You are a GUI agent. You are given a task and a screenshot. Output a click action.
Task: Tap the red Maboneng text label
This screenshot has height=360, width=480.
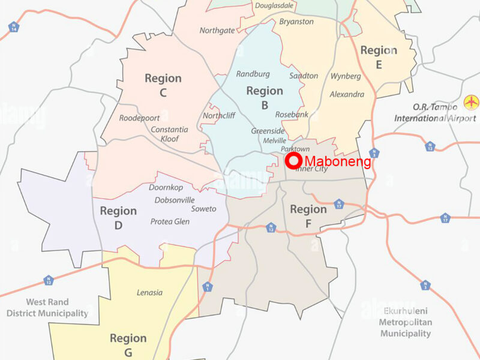pyautogui.click(x=337, y=161)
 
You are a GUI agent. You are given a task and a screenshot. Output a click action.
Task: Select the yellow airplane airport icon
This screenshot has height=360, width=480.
pyautogui.click(x=472, y=101)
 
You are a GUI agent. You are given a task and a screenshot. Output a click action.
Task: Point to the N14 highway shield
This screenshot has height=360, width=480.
pyautogui.click(x=13, y=27)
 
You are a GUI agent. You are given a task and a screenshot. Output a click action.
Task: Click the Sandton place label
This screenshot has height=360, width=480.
pyautogui.click(x=304, y=76)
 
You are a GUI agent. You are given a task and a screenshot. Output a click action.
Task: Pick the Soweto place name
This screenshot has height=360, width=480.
pyautogui.click(x=203, y=209)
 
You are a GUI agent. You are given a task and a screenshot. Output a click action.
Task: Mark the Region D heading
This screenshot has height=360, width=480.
pyautogui.click(x=118, y=218)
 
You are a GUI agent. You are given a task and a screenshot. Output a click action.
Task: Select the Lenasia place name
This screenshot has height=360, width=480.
pyautogui.click(x=150, y=293)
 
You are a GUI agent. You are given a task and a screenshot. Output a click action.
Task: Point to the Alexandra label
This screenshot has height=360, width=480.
pyautogui.click(x=347, y=94)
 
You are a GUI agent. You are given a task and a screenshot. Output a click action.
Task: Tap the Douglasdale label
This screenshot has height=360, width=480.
pyautogui.click(x=274, y=6)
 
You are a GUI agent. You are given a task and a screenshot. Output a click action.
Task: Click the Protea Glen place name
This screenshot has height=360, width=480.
pyautogui.click(x=170, y=222)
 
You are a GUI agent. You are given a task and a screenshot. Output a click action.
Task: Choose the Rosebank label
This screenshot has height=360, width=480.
pyautogui.click(x=292, y=115)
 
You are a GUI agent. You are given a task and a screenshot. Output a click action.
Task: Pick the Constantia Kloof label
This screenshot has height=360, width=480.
pyautogui.click(x=169, y=134)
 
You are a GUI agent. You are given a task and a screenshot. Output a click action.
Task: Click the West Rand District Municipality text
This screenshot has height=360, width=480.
pyautogui.click(x=47, y=308)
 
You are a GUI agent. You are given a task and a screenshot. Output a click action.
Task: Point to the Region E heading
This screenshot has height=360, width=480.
pyautogui.click(x=379, y=57)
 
